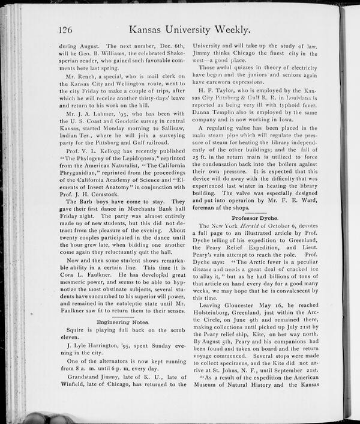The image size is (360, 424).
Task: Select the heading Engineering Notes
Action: (x=122, y=323)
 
